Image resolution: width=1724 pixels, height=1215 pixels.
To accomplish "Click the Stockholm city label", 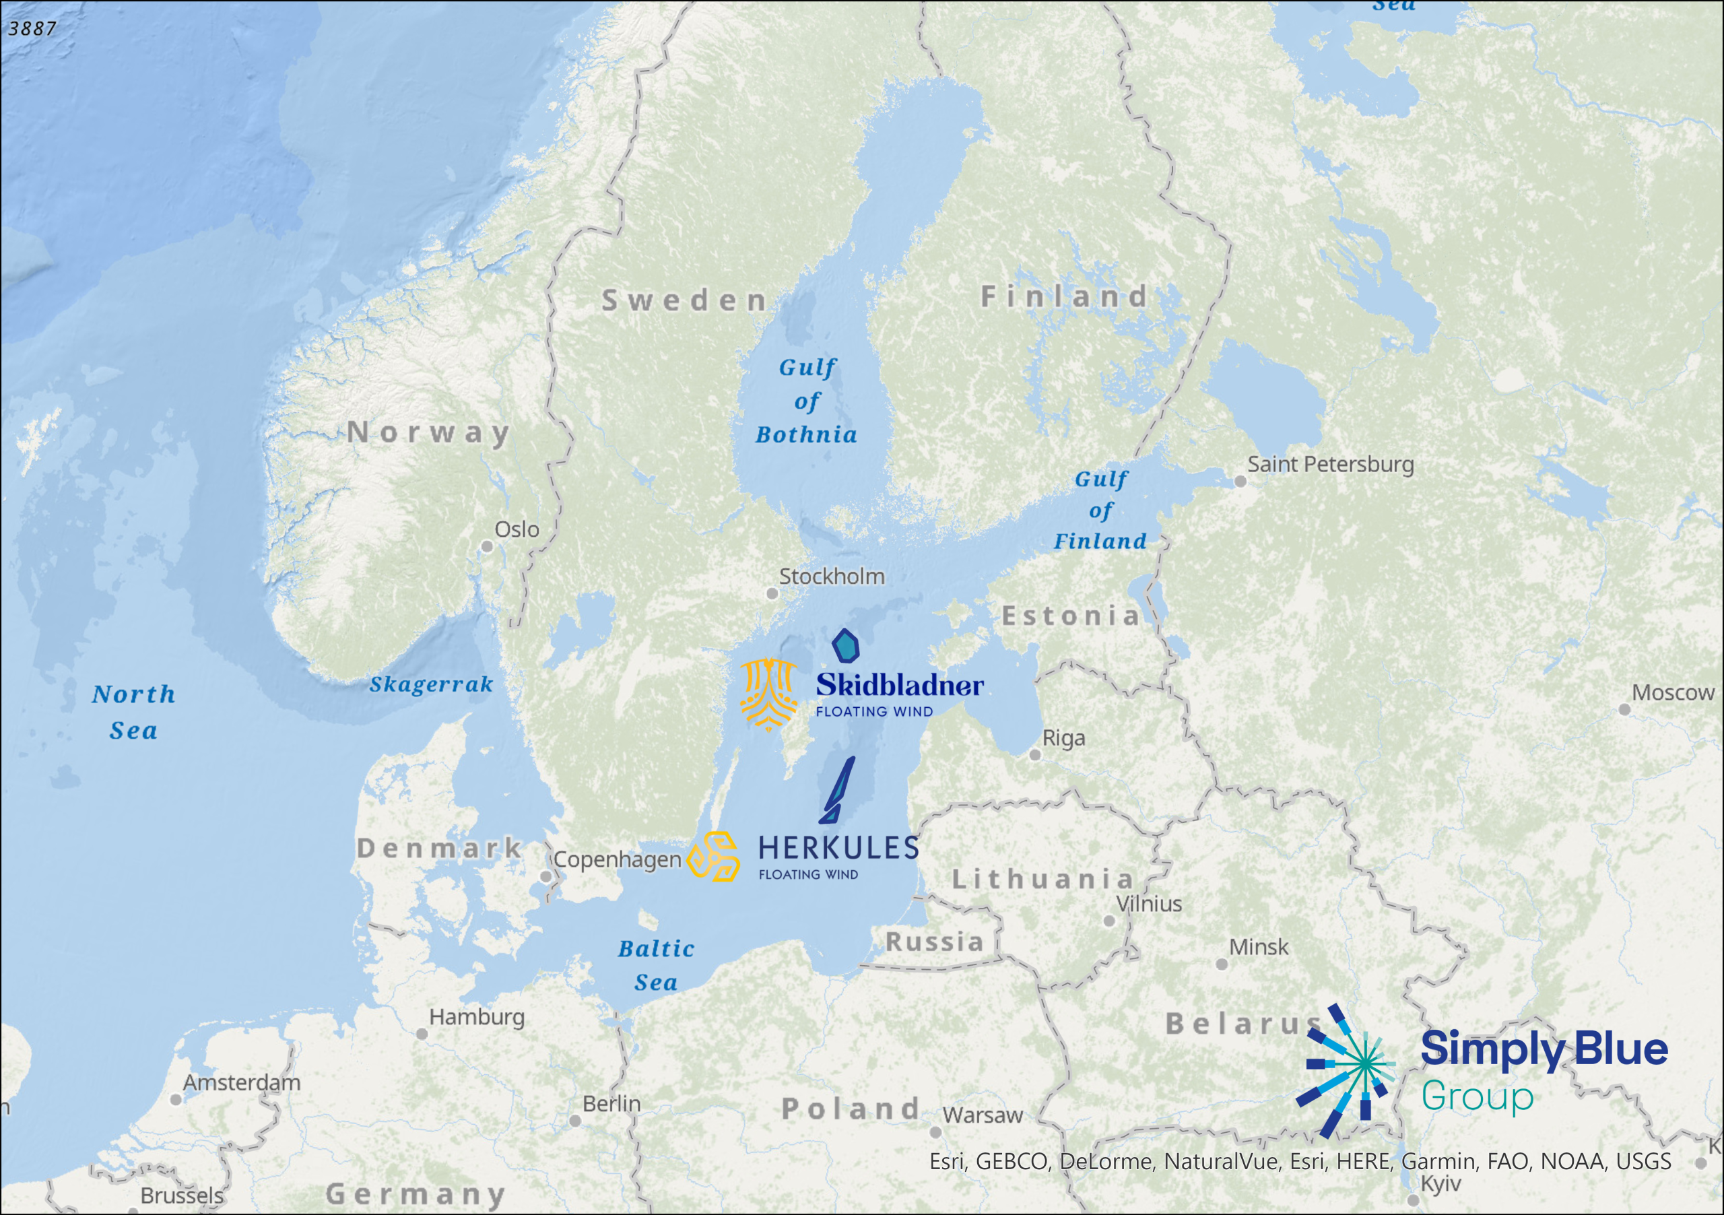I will click(x=831, y=577).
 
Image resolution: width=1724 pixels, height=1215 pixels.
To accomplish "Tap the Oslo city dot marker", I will click(x=487, y=547).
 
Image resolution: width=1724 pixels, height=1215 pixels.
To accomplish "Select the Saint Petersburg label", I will click(x=1331, y=464).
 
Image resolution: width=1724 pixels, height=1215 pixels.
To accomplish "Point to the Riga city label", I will click(x=1063, y=738).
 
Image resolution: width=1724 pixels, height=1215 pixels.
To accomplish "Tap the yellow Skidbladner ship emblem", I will click(x=768, y=694).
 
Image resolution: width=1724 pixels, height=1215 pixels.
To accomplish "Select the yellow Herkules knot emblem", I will click(x=713, y=856).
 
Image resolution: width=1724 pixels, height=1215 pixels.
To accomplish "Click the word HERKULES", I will click(x=838, y=849).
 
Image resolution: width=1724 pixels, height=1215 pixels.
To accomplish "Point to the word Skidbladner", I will click(x=900, y=685).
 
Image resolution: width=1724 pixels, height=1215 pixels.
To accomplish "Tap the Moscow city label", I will click(x=1673, y=692).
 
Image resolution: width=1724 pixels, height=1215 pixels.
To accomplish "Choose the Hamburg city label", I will click(x=476, y=1017).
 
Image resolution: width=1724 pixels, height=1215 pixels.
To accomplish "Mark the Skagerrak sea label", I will click(x=431, y=684).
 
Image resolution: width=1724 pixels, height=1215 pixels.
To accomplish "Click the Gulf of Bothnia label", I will click(x=806, y=401).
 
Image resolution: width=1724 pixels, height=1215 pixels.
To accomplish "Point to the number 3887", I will click(x=32, y=28).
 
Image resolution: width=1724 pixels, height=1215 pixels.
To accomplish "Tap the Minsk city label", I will click(x=1259, y=948).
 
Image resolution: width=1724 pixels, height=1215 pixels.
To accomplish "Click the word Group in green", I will click(x=1477, y=1096).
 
